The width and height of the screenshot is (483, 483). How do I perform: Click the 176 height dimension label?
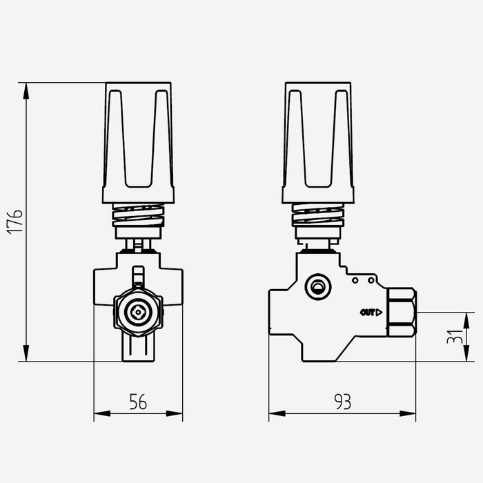coord(14,222)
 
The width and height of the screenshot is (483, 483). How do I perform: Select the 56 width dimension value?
coord(138,402)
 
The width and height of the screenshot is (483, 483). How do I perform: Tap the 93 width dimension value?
coord(342,402)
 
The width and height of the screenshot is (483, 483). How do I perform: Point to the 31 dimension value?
coord(455,337)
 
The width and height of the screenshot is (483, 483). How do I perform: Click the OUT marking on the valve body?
coord(368,313)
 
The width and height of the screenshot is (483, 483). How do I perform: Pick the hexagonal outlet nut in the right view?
coord(402,313)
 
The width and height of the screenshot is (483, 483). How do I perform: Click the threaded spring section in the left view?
coord(138,215)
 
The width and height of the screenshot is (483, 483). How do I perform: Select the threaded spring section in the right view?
coord(318,215)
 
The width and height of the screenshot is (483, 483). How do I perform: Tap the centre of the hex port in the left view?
coord(138,313)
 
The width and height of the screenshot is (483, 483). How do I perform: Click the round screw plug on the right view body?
coord(318,287)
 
